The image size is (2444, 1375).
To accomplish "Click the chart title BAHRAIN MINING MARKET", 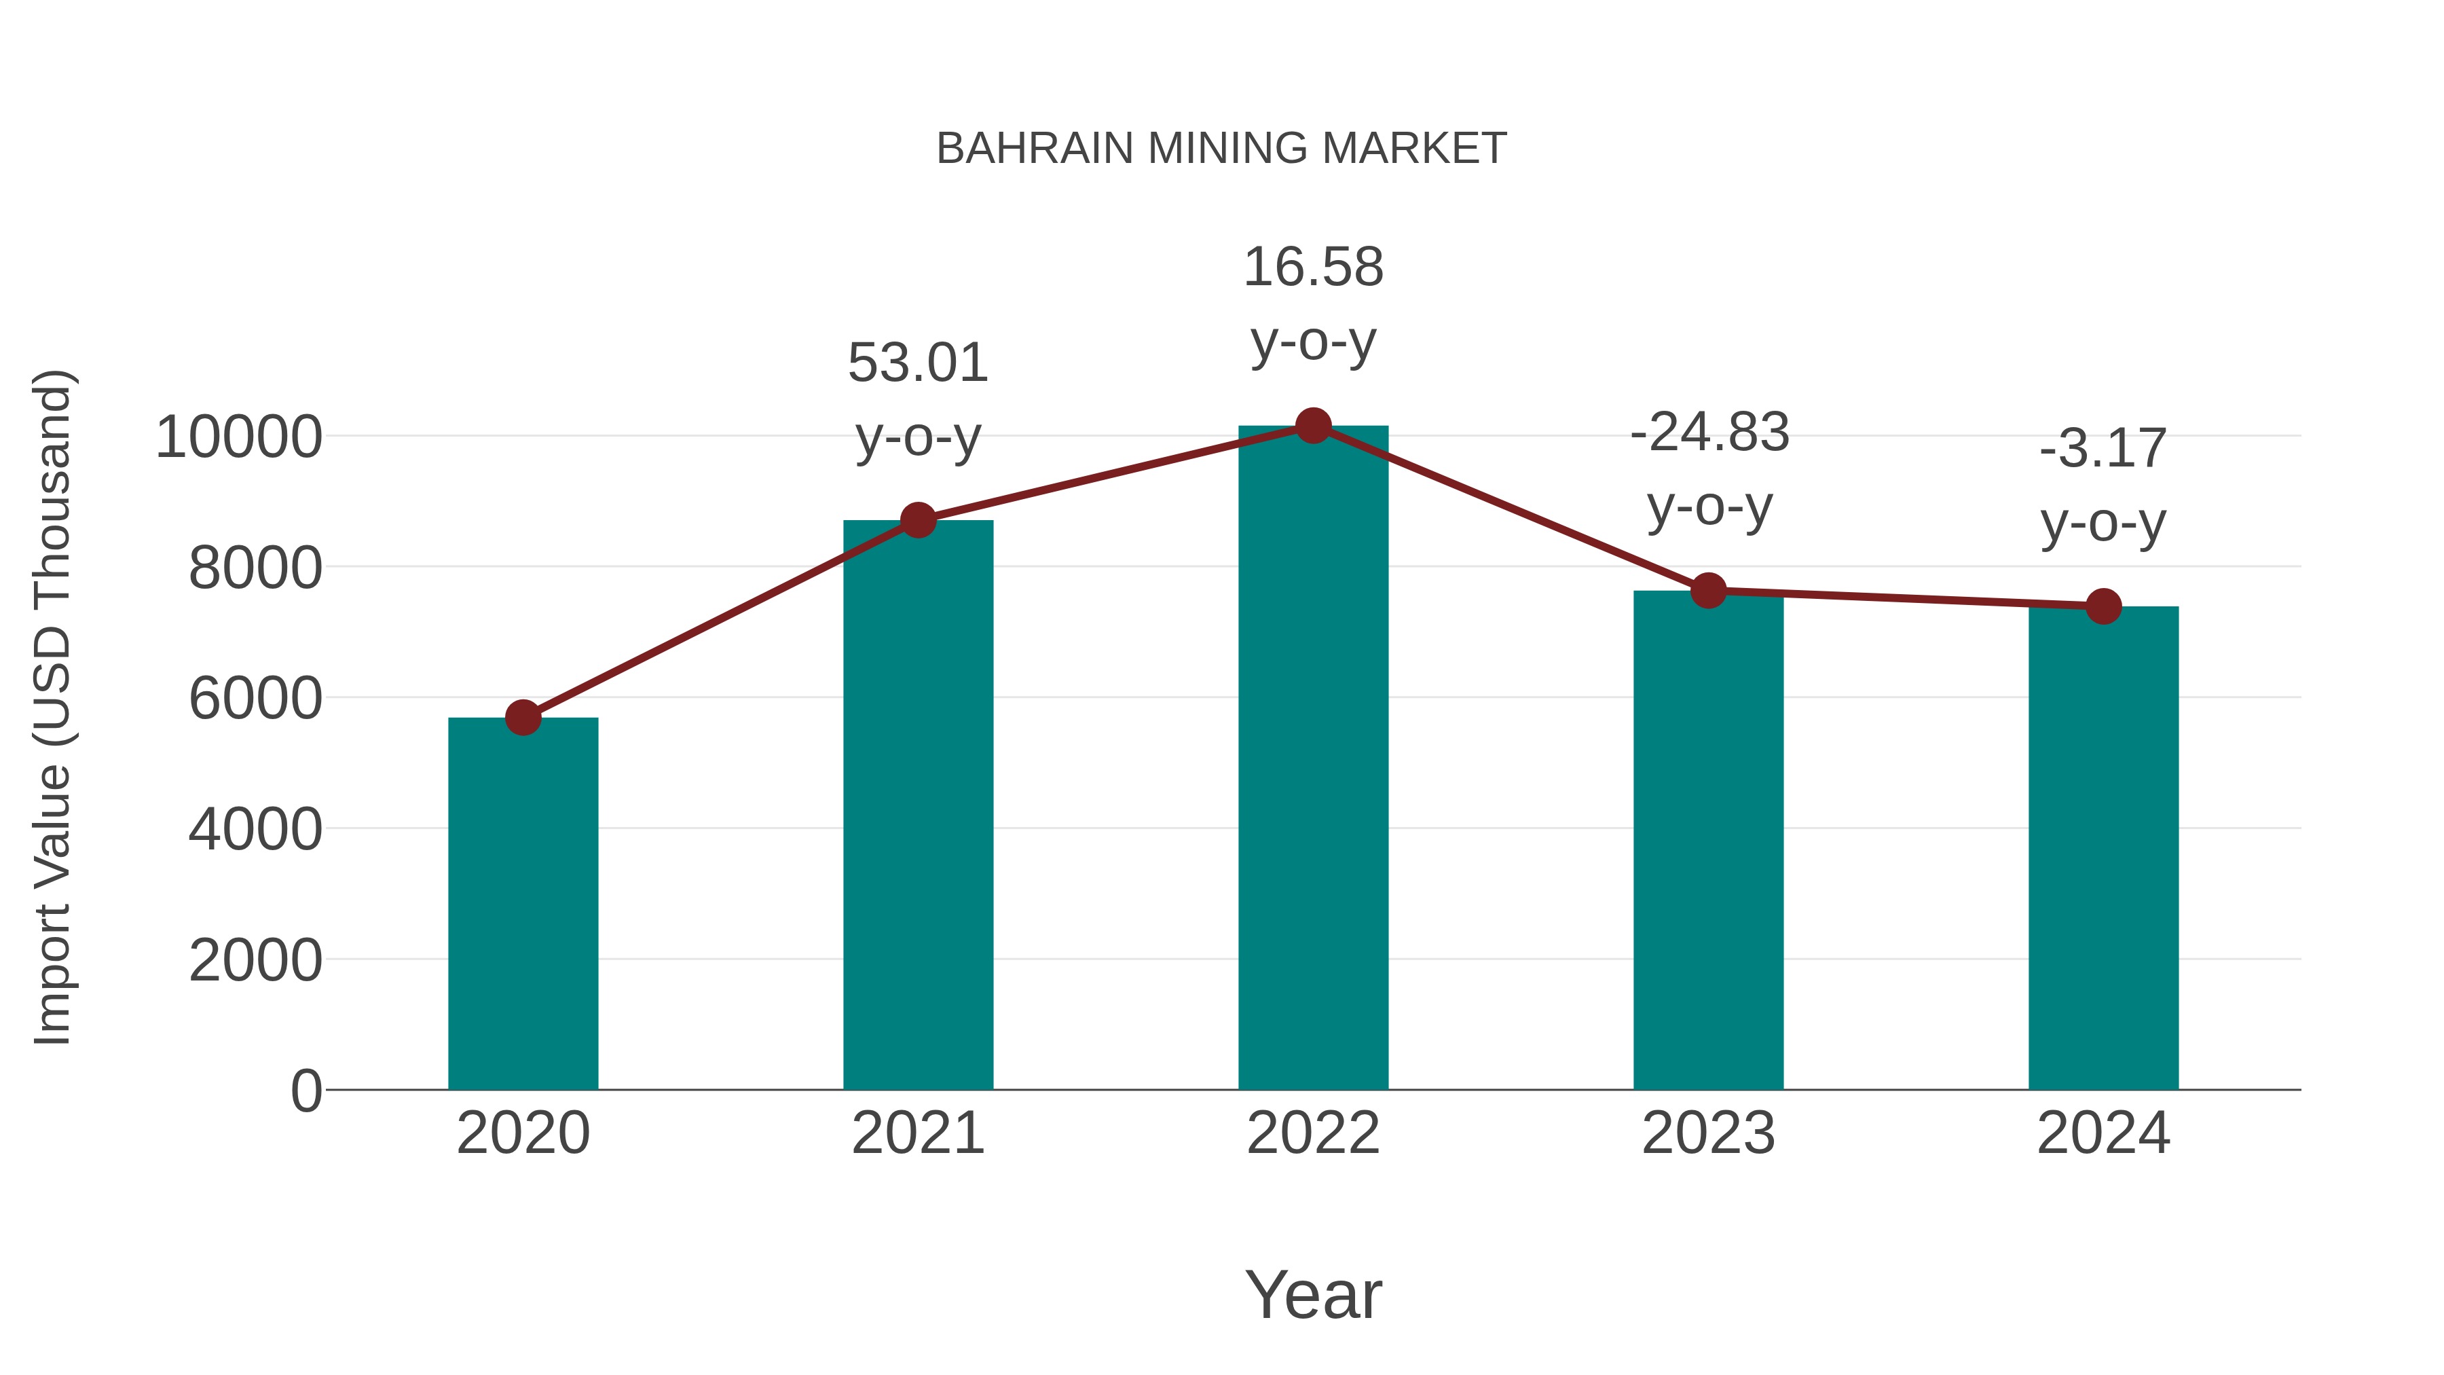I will click(x=1221, y=149).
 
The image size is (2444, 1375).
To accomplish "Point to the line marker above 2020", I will click(x=523, y=718).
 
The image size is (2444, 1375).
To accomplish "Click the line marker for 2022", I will click(x=1313, y=426).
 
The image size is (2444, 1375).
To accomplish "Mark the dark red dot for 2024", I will click(x=2103, y=606).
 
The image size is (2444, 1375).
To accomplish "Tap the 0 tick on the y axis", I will click(x=306, y=1090).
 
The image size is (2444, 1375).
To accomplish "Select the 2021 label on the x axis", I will click(x=917, y=1133).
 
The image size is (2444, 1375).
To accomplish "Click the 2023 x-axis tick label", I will click(x=1708, y=1133).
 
